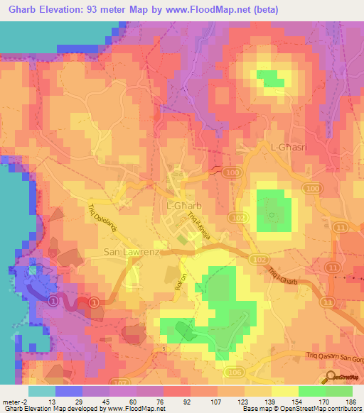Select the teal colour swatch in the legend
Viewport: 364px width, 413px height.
41,390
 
